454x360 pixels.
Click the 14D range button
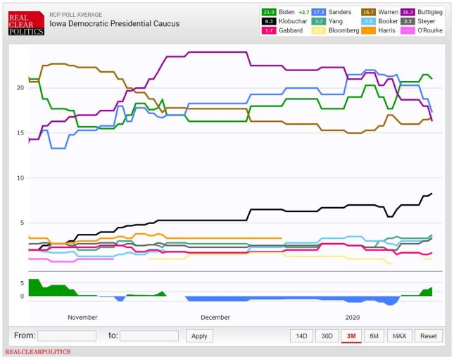click(x=301, y=336)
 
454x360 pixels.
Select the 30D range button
click(x=327, y=336)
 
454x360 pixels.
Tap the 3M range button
click(x=351, y=336)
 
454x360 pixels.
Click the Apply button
click(x=199, y=336)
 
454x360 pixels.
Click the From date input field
click(x=67, y=336)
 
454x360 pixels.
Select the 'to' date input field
click(x=149, y=336)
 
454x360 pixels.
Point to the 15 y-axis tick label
click(x=20, y=132)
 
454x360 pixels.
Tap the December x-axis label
click(x=215, y=318)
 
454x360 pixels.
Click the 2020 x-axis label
click(x=352, y=318)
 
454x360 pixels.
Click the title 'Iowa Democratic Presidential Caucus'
click(x=114, y=24)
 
